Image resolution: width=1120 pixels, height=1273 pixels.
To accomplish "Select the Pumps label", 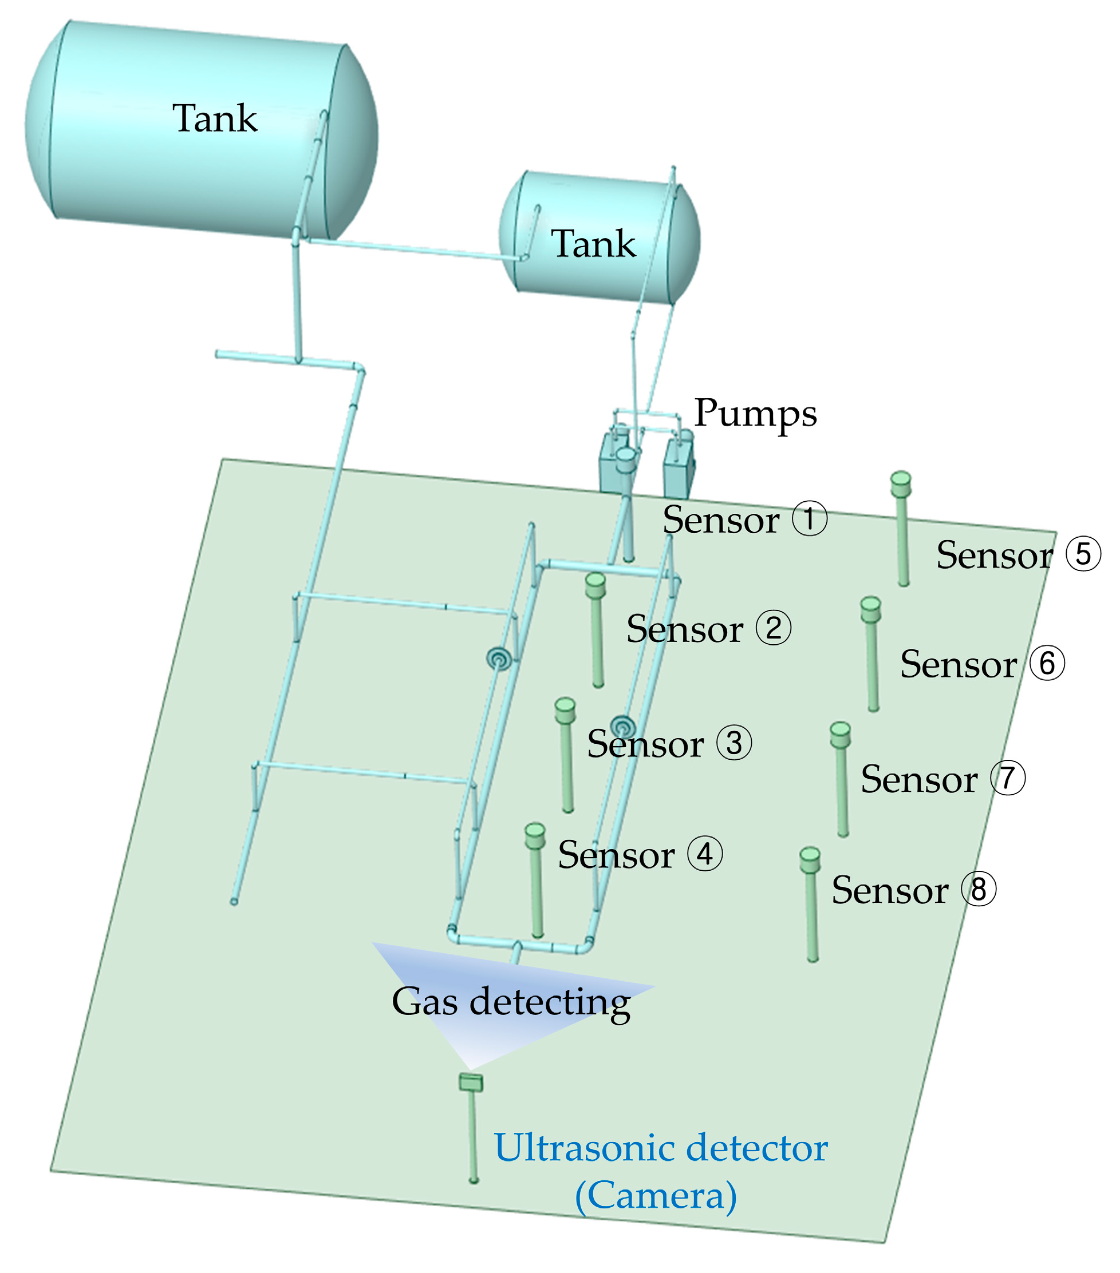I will point(755,414).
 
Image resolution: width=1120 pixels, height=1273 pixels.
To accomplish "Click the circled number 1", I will point(809,518).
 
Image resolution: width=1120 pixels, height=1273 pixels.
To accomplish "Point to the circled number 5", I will point(1083,554).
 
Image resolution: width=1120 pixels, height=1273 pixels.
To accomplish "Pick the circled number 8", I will point(978,889).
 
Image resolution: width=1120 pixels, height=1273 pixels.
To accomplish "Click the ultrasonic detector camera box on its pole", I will point(471,1082).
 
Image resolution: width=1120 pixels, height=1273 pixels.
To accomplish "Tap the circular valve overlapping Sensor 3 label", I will point(622,726).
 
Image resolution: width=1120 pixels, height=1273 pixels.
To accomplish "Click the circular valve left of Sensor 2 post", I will point(499,659).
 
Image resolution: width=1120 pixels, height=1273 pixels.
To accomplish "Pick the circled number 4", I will point(704,854).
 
